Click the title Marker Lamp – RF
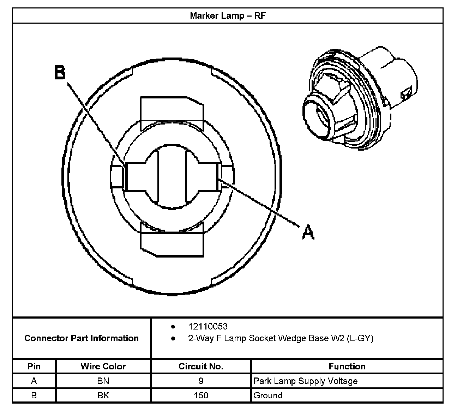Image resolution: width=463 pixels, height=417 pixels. tap(227, 16)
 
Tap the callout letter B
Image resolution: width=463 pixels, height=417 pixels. tap(60, 73)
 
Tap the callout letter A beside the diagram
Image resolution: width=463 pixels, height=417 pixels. tap(308, 232)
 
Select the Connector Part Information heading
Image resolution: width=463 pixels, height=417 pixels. tap(81, 338)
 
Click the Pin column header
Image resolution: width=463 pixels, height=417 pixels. tap(34, 366)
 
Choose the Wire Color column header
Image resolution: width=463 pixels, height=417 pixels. tap(103, 366)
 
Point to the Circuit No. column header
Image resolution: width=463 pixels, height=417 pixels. tap(201, 366)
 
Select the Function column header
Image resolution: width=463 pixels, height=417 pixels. tap(347, 366)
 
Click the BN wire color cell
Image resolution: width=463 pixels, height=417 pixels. tap(103, 381)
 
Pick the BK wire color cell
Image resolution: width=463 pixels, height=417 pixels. tap(103, 395)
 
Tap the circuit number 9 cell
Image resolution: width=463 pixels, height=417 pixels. tap(201, 381)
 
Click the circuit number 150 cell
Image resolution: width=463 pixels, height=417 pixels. tap(201, 395)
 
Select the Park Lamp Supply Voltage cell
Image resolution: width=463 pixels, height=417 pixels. tap(305, 381)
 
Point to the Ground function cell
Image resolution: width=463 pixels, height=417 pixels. tap(268, 395)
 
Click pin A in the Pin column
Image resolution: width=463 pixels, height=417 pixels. tap(34, 381)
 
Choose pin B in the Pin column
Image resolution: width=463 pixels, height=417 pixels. tap(34, 395)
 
